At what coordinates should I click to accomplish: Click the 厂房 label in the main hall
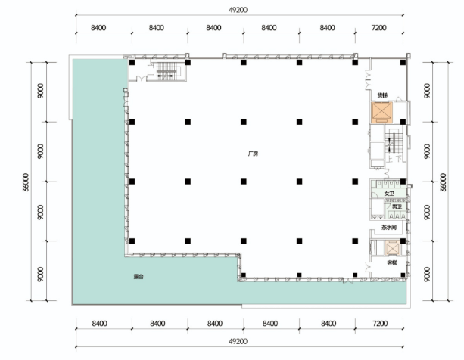pyautogui.click(x=254, y=154)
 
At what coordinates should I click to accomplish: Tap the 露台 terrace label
pyautogui.click(x=139, y=277)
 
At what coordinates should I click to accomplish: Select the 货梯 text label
pyautogui.click(x=382, y=95)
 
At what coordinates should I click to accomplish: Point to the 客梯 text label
pyautogui.click(x=392, y=262)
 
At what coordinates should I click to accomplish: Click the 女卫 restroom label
pyautogui.click(x=389, y=194)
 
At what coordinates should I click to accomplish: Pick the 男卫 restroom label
pyautogui.click(x=397, y=207)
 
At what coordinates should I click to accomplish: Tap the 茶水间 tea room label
pyautogui.click(x=388, y=228)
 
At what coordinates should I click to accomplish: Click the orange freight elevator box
pyautogui.click(x=382, y=113)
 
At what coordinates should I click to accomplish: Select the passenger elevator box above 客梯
pyautogui.click(x=392, y=247)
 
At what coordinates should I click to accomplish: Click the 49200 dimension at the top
pyautogui.click(x=238, y=10)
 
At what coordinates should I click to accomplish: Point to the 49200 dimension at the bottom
pyautogui.click(x=238, y=341)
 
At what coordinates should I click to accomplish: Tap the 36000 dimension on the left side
pyautogui.click(x=26, y=182)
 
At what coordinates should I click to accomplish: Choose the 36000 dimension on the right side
pyautogui.click(x=443, y=182)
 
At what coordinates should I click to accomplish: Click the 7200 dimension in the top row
pyautogui.click(x=378, y=28)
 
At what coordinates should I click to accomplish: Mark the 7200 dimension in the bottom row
pyautogui.click(x=380, y=324)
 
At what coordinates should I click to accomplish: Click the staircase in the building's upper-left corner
pyautogui.click(x=167, y=71)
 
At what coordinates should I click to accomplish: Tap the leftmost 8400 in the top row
pyautogui.click(x=98, y=28)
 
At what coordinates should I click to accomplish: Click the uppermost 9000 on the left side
pyautogui.click(x=41, y=91)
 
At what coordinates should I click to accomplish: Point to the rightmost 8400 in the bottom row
pyautogui.click(x=329, y=324)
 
